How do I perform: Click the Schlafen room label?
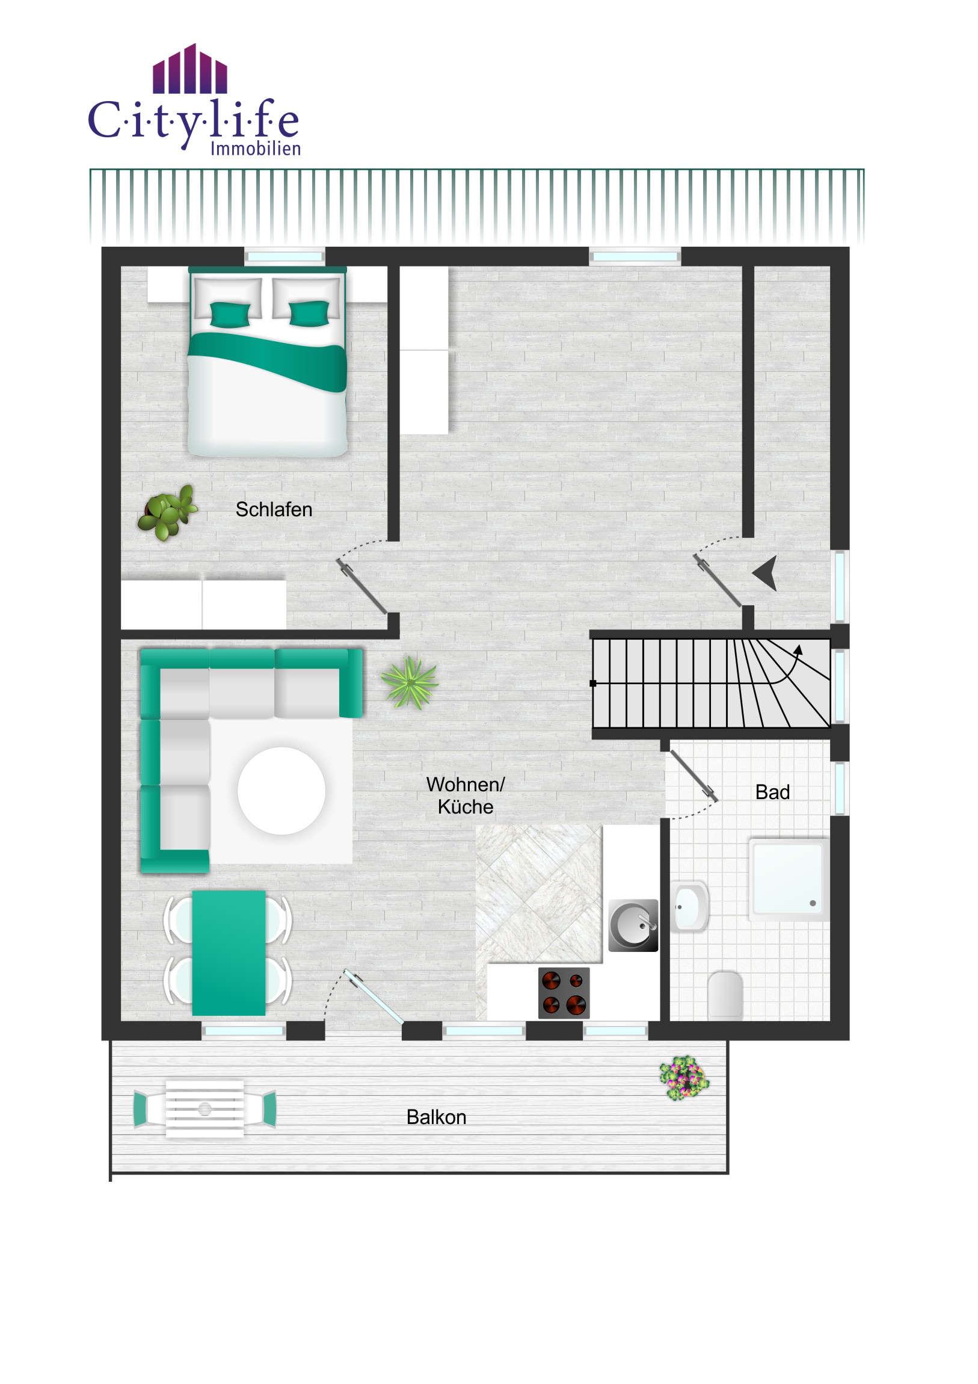coord(274,509)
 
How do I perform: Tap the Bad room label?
coord(772,792)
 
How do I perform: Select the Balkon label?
coord(436,1117)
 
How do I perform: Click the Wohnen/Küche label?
coord(465,795)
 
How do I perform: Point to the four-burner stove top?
coord(564,993)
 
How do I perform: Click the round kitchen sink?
coord(633,925)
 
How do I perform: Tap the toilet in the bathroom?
coord(725,995)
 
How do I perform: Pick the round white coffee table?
coord(281,791)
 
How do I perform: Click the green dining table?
coord(229,954)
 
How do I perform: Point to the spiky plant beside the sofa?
coord(410,682)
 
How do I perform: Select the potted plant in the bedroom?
coord(167,512)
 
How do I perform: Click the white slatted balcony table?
coord(205,1108)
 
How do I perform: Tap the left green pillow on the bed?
coord(230,314)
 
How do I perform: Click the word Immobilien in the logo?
coord(256,148)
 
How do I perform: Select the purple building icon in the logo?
coord(190,69)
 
